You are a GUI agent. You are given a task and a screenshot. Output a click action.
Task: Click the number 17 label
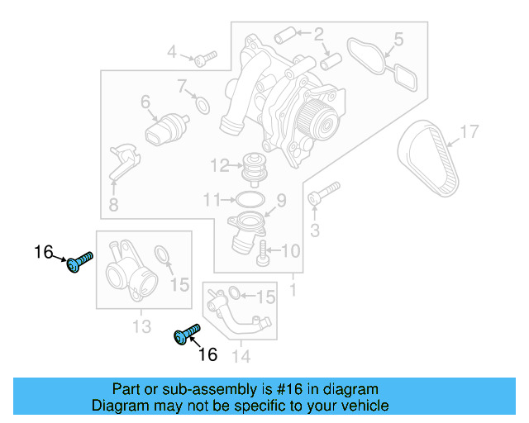click(x=469, y=131)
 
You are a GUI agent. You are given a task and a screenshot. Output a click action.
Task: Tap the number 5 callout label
click(x=398, y=39)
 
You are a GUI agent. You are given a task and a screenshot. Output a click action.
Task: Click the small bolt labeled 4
click(x=204, y=57)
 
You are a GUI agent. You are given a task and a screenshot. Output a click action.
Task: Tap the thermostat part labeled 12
click(x=250, y=169)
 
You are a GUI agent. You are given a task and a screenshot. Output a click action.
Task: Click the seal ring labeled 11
click(x=249, y=199)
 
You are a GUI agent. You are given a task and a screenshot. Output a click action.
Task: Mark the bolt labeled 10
click(x=264, y=254)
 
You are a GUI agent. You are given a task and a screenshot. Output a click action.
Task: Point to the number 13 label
click(x=141, y=327)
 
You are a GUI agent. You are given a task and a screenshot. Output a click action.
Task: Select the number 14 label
click(x=240, y=357)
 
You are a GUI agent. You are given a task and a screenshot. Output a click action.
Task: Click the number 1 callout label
click(x=293, y=291)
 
